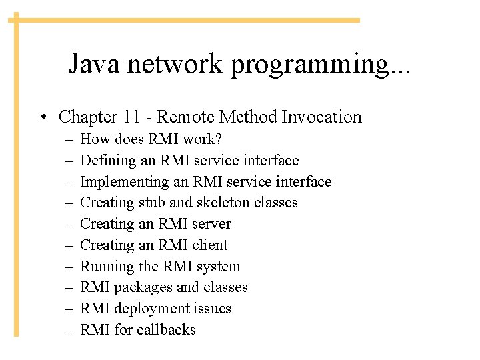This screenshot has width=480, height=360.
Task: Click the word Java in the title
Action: (95, 64)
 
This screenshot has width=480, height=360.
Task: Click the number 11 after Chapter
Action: (131, 117)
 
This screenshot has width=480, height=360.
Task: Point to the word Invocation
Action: (321, 117)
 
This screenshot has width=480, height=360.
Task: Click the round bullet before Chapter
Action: (42, 118)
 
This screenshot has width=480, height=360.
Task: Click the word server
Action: (211, 224)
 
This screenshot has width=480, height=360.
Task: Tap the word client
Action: (209, 245)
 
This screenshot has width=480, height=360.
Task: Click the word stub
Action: (155, 203)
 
